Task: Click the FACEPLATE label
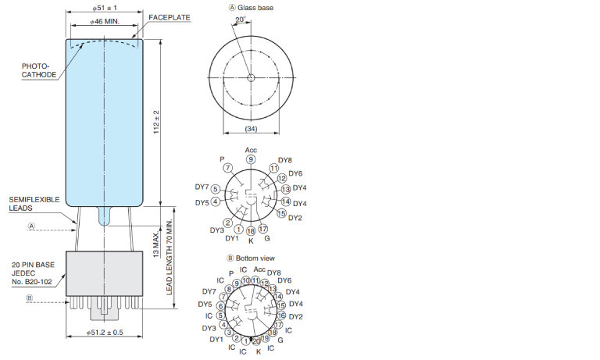(169, 18)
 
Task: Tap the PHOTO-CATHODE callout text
(39, 70)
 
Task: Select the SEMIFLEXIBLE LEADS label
(34, 204)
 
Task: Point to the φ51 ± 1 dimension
(105, 8)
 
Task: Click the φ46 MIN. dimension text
(105, 22)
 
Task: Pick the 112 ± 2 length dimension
(156, 122)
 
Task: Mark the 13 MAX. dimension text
(156, 245)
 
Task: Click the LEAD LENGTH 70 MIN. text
(169, 258)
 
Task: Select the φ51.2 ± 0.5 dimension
(105, 333)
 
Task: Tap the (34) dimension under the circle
(251, 129)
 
